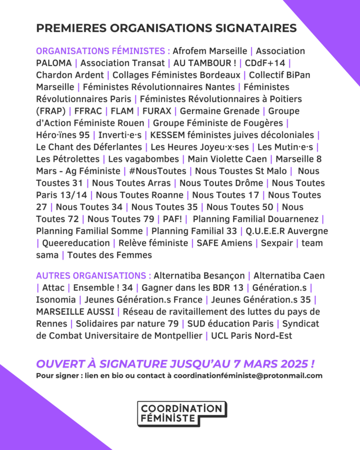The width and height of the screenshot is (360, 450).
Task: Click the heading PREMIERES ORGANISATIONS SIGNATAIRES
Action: pyautogui.click(x=166, y=28)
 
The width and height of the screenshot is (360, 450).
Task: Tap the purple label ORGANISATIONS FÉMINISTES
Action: pyautogui.click(x=103, y=51)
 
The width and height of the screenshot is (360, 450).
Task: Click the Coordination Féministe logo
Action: pyautogui.click(x=182, y=413)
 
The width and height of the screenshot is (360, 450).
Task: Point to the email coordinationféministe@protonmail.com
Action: pyautogui.click(x=248, y=376)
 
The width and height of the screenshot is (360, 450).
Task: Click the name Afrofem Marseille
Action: pyautogui.click(x=210, y=51)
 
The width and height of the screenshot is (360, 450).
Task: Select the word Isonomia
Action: pyautogui.click(x=55, y=300)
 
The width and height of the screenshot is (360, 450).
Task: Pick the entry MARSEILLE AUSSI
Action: pyautogui.click(x=75, y=312)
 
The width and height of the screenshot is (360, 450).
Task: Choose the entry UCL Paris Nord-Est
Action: pyautogui.click(x=251, y=336)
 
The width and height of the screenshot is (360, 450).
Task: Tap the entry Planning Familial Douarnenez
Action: pyautogui.click(x=256, y=219)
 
